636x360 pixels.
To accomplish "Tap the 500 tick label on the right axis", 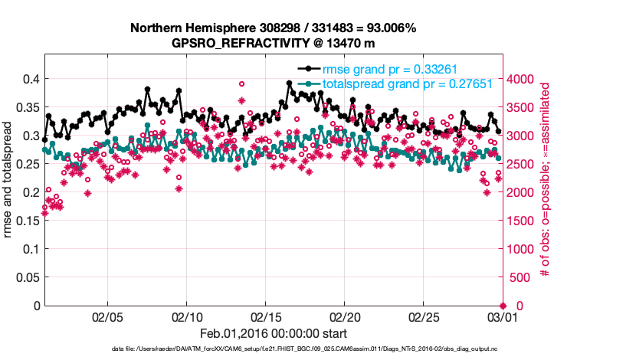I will (x=519, y=277).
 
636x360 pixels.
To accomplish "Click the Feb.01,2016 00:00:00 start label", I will (x=273, y=333).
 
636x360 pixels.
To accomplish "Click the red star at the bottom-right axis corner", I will (x=503, y=306).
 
